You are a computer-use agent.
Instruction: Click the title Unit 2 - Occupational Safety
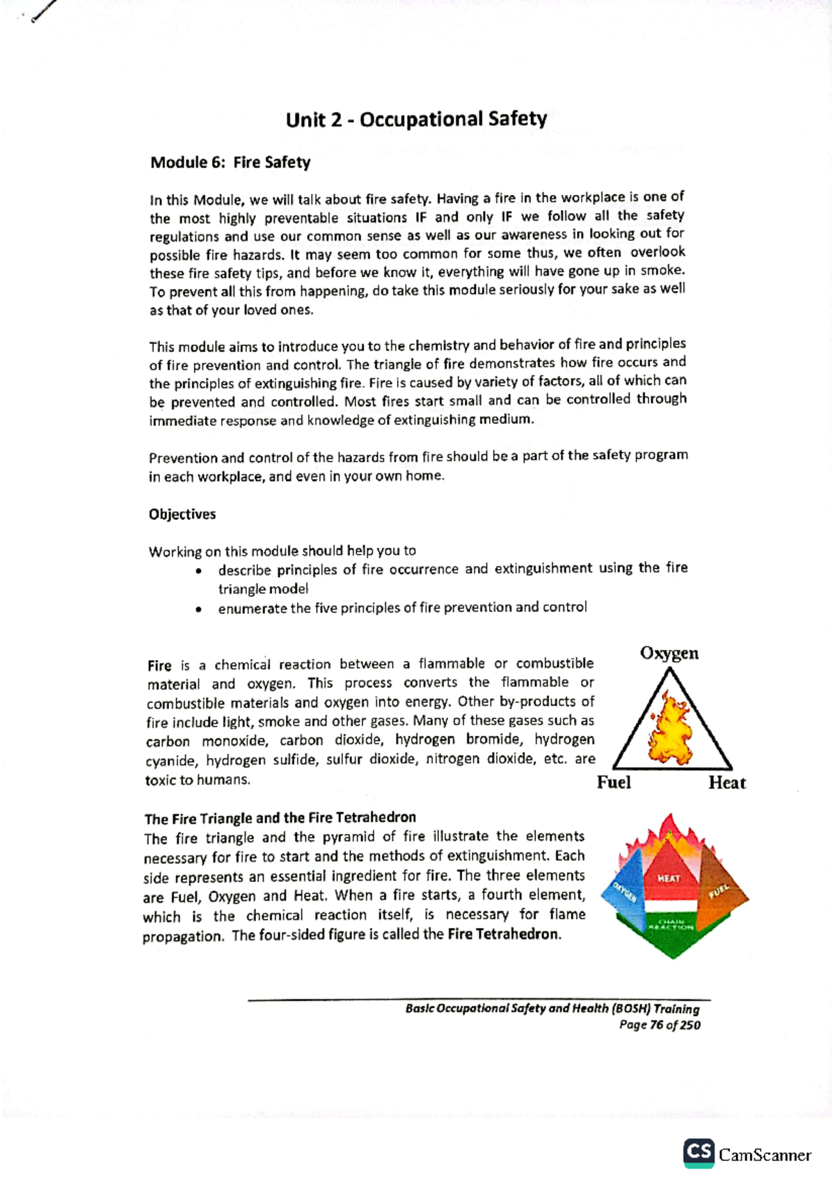416,119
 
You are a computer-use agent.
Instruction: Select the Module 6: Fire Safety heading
230,162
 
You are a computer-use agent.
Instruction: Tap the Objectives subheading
182,514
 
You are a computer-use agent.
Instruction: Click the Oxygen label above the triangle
669,653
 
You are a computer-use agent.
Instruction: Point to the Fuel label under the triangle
614,782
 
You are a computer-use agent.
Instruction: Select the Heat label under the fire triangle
726,783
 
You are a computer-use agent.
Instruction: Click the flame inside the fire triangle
667,727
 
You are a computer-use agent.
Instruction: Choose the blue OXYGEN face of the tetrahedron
624,893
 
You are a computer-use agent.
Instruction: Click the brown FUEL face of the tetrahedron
719,891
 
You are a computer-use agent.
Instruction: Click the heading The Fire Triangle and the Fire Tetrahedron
280,817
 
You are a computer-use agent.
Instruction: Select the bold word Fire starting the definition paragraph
159,665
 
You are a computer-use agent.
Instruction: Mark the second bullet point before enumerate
200,610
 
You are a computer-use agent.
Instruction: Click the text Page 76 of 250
660,1025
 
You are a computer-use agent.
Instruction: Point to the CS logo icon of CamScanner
699,1152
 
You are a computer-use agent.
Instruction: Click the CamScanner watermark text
765,1156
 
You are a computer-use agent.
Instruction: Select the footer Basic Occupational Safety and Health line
552,1009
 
